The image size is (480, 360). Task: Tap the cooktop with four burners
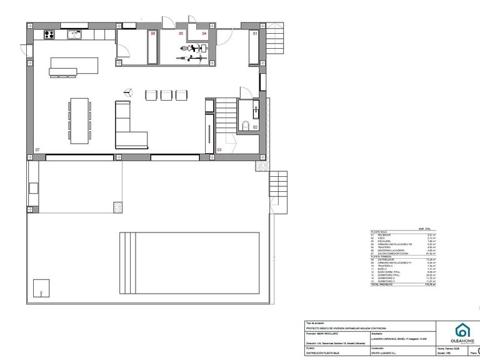pyautogui.click(x=49, y=34)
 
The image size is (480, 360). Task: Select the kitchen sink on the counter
pyautogui.click(x=73, y=35)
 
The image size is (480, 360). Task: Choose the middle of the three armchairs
pyautogui.click(x=166, y=94)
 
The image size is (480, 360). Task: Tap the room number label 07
pyautogui.click(x=37, y=150)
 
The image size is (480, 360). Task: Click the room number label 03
pyautogui.click(x=219, y=150)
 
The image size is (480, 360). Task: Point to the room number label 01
pyautogui.click(x=255, y=33)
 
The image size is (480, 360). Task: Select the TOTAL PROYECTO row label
pyautogui.click(x=382, y=284)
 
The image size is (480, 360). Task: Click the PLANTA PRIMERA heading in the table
pyautogui.click(x=382, y=256)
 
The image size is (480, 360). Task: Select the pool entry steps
pyautogui.click(x=127, y=263)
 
